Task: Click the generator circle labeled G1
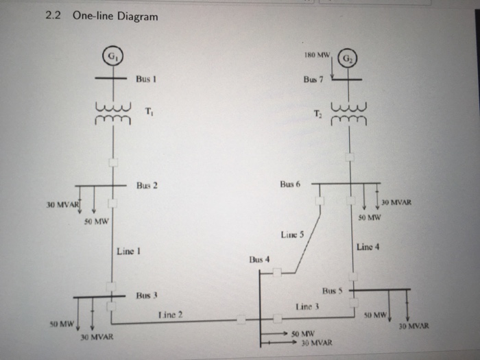point(111,57)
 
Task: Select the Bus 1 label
point(147,80)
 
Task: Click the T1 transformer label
point(149,112)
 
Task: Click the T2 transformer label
point(316,112)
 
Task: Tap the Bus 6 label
point(291,185)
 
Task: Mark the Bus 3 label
point(147,296)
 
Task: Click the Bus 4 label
point(259,260)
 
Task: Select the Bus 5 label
point(333,291)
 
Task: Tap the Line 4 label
point(369,247)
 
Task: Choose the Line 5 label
point(291,235)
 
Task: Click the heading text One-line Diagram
point(119,16)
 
